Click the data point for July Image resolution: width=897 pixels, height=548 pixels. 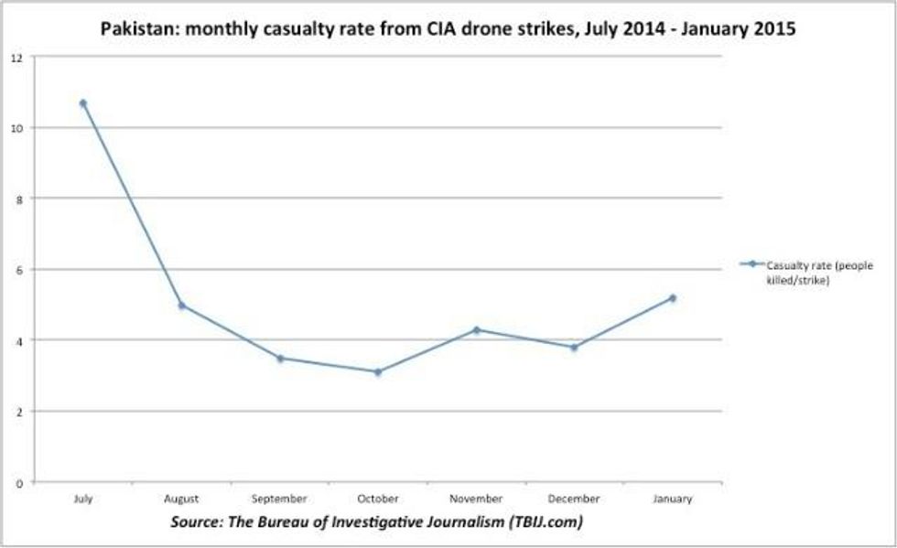tap(83, 103)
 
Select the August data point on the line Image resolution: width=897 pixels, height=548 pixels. tap(181, 306)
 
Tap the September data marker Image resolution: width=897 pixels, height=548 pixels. tap(280, 358)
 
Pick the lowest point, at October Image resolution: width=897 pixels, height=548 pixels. tap(378, 371)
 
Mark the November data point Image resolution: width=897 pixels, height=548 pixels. tap(476, 329)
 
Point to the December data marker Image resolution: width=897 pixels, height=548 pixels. tap(574, 347)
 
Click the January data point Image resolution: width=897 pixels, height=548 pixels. tap(672, 297)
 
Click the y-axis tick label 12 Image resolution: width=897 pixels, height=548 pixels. tap(16, 57)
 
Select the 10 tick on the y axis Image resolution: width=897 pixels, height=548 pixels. tap(16, 128)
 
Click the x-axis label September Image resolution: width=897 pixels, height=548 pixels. tap(280, 499)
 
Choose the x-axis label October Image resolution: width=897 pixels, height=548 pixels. tap(378, 499)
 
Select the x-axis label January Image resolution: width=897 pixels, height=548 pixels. tap(672, 499)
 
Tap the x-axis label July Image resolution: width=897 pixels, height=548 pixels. tap(83, 499)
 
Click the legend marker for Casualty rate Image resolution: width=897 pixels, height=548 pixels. tap(751, 264)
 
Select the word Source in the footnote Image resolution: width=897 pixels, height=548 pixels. tap(197, 522)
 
